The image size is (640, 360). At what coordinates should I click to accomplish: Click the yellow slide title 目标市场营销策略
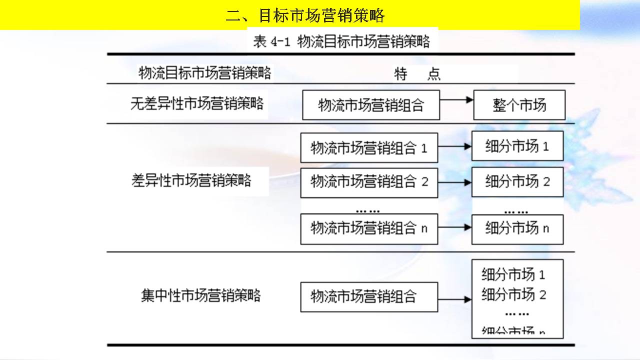pos(305,15)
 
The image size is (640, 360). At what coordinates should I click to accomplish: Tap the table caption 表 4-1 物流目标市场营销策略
pos(341,41)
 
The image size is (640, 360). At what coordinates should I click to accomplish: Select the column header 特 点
pos(417,74)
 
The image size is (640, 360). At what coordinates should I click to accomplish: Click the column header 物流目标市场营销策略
pos(205,73)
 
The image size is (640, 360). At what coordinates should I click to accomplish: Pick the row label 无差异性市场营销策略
pos(197,104)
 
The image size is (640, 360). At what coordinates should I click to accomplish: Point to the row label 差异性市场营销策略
pos(191,180)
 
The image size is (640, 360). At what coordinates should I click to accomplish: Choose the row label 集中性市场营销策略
pos(200,295)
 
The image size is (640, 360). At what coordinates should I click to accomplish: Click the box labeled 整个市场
pos(519,105)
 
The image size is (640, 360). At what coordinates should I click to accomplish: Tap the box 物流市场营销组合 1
pos(369,148)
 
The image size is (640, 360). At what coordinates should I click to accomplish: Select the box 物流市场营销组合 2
pos(369,181)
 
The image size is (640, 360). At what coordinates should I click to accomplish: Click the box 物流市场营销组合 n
pos(369,228)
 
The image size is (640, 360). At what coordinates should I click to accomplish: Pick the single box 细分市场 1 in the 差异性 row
pos(517,146)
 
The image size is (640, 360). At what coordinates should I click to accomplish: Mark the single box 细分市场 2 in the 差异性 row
pos(517,181)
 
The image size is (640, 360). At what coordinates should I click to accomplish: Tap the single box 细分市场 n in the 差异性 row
pos(517,228)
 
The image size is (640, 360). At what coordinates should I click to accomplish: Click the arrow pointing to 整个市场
pos(456,100)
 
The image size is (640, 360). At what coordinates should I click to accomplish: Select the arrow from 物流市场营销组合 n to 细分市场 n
pos(454,227)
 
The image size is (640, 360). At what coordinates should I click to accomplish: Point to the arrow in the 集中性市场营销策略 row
pos(454,299)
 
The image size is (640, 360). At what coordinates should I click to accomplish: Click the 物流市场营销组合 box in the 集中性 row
pos(369,296)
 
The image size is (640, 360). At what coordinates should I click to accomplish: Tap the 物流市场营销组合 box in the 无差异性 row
pos(371,105)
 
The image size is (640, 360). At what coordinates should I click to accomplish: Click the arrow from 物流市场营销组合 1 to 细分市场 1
pos(454,146)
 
